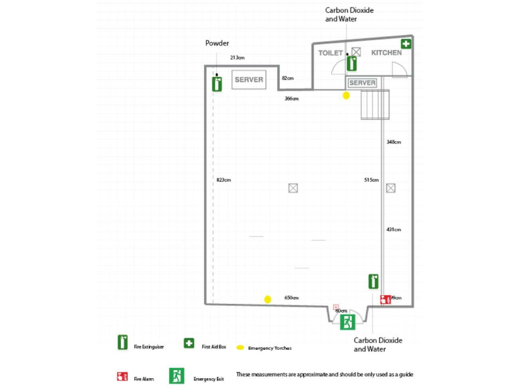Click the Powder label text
tap(217, 43)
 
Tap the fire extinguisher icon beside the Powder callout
tap(217, 84)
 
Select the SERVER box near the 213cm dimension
tap(249, 80)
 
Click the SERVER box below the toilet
tap(362, 82)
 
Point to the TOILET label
tap(330, 53)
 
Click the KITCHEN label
tap(387, 53)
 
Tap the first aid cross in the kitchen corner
tap(406, 45)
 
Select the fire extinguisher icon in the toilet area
tap(351, 63)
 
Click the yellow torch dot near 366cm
tap(346, 96)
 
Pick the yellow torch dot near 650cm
tap(268, 299)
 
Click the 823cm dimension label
tap(224, 180)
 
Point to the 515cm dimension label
tap(371, 180)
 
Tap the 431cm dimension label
tap(394, 230)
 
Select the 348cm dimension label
tap(394, 142)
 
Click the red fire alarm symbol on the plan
tap(385, 299)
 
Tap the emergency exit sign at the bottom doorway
tap(348, 321)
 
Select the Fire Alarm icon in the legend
tap(122, 376)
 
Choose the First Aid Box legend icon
tap(189, 344)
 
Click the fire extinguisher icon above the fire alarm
tap(373, 281)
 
